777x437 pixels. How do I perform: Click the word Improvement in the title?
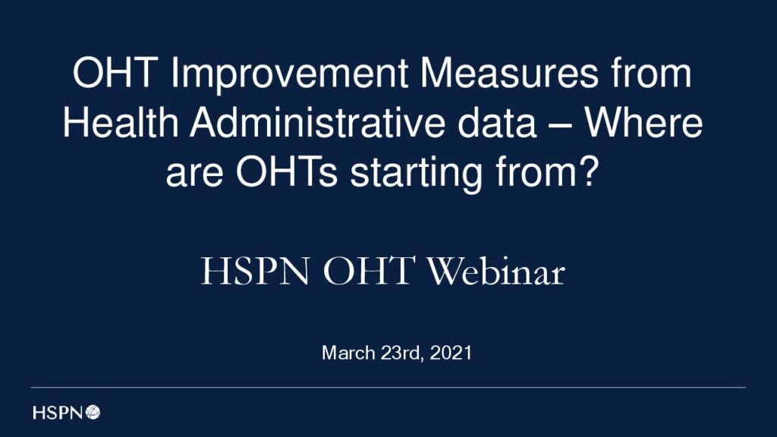(289, 75)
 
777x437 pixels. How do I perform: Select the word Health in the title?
(121, 122)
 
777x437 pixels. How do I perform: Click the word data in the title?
(497, 122)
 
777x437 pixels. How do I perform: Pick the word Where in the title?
(643, 122)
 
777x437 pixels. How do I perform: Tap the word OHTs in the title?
(286, 172)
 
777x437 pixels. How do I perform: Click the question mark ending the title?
(589, 171)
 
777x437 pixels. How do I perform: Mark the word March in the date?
(348, 353)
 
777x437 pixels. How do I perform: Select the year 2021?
(451, 353)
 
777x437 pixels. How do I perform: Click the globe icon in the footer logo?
(93, 412)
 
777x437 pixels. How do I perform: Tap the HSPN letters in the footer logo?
(58, 412)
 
